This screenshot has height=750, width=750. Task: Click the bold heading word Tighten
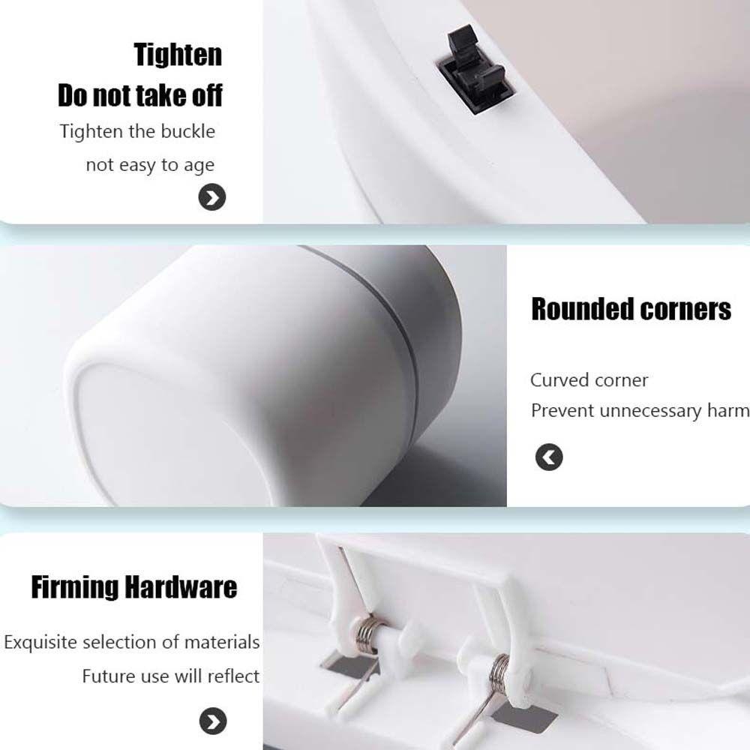coord(178,55)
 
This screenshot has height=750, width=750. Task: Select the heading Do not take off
coord(140,96)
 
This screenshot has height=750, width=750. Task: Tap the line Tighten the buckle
coord(137,132)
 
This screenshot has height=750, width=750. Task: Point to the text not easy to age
coord(150,165)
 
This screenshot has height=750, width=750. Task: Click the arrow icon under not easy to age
coord(212,198)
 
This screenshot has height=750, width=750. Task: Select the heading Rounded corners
coord(631,309)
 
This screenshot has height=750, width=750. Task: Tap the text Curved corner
coord(589,380)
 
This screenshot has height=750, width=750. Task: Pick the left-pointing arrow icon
coord(549,457)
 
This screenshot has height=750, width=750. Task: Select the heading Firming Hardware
coord(133,587)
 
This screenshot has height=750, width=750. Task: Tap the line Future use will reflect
coord(170,676)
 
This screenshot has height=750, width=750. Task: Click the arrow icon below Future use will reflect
coord(212,721)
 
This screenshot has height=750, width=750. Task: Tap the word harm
coord(730,411)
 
